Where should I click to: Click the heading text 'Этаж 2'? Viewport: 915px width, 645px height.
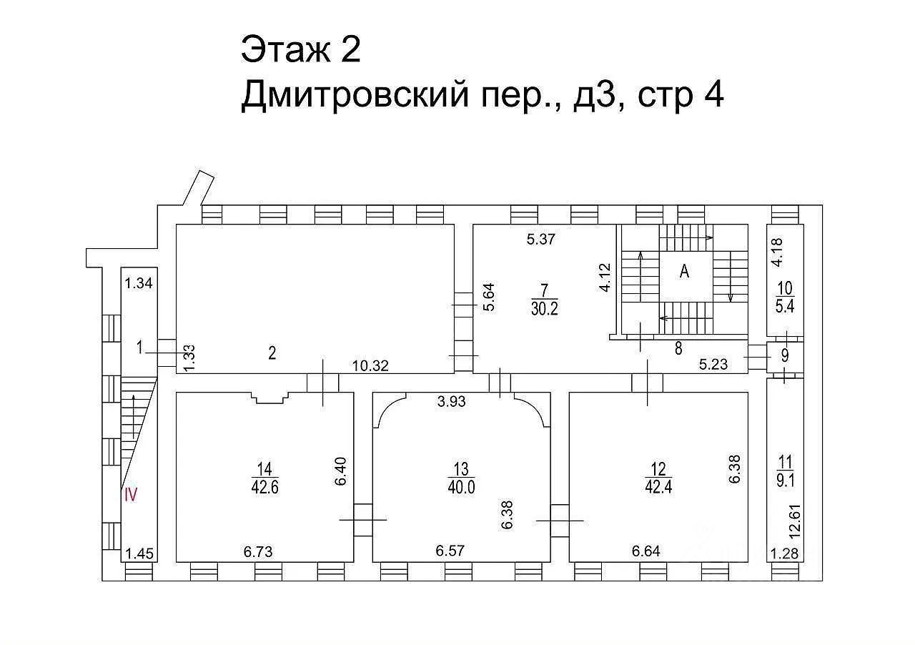click(301, 50)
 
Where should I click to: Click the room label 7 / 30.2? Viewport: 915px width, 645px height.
click(544, 299)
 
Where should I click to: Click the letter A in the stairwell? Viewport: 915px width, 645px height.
click(684, 272)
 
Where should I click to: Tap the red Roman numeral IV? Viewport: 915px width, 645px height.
click(130, 494)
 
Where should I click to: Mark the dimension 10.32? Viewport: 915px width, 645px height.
click(370, 365)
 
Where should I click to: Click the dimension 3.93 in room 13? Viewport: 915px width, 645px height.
click(452, 401)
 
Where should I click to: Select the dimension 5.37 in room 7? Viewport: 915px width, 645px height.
click(541, 240)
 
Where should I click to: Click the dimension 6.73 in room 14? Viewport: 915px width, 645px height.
click(258, 551)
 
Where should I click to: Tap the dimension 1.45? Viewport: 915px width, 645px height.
click(139, 553)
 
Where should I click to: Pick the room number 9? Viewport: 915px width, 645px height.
click(785, 355)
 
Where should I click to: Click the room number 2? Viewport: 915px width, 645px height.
click(272, 352)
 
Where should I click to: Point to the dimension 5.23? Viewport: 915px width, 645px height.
click(713, 365)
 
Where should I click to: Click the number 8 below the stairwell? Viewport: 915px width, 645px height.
click(678, 349)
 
